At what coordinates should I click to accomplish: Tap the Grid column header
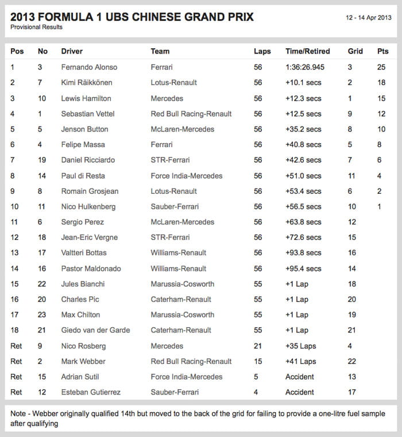[x=355, y=51]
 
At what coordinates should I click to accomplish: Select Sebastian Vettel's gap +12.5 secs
[x=303, y=114]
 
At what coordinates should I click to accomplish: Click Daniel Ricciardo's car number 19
[x=42, y=160]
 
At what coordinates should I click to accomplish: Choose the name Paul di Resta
[x=83, y=176]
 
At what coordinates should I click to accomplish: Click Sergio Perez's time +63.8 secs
[x=303, y=222]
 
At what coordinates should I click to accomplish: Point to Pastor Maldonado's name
[x=91, y=269]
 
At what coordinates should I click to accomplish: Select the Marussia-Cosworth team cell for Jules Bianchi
[x=183, y=284]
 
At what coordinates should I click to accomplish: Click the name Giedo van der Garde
[x=95, y=330]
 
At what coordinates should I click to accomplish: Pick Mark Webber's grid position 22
[x=352, y=362]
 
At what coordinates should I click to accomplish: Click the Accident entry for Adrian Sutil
[x=300, y=377]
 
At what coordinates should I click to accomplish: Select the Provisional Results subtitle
[x=37, y=27]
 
